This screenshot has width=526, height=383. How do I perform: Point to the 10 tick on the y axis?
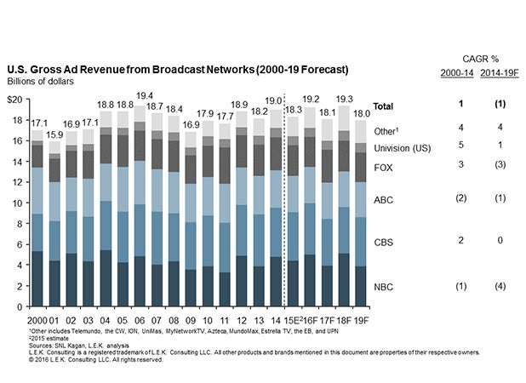[x=17, y=204]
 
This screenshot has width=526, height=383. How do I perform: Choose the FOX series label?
[x=385, y=166]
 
